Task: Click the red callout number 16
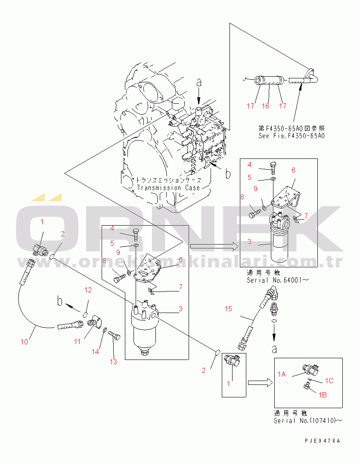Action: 265,106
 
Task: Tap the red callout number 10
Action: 24,342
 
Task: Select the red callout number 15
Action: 228,309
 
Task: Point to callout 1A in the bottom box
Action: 282,374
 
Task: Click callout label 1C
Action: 329,381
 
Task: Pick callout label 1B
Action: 323,395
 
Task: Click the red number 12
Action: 88,290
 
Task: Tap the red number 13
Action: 113,362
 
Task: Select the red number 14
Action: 95,352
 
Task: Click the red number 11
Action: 77,341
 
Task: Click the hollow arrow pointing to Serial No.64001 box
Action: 214,246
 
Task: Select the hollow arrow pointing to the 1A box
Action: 260,383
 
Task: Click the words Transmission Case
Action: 168,188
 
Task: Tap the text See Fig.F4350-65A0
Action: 292,136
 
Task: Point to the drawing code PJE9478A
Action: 323,441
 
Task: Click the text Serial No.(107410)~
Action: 308,421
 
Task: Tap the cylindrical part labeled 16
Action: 269,80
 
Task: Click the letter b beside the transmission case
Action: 228,174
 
